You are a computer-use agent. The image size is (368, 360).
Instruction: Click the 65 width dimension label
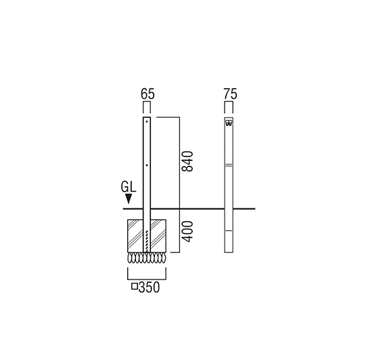pyautogui.click(x=148, y=94)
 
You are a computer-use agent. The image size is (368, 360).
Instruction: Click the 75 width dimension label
pyautogui.click(x=230, y=94)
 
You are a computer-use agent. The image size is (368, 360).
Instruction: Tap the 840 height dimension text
pyautogui.click(x=187, y=162)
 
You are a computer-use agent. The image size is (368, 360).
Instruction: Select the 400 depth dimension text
pyautogui.click(x=187, y=231)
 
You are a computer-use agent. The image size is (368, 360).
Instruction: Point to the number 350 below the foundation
pyautogui.click(x=149, y=287)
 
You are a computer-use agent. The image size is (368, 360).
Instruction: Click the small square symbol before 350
pyautogui.click(x=134, y=286)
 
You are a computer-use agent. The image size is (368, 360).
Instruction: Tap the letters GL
pyautogui.click(x=129, y=187)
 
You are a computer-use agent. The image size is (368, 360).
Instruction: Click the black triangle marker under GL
pyautogui.click(x=129, y=199)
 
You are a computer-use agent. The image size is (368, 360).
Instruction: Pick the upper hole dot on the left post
pyautogui.click(x=147, y=121)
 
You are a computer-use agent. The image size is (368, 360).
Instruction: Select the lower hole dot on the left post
pyautogui.click(x=147, y=165)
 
